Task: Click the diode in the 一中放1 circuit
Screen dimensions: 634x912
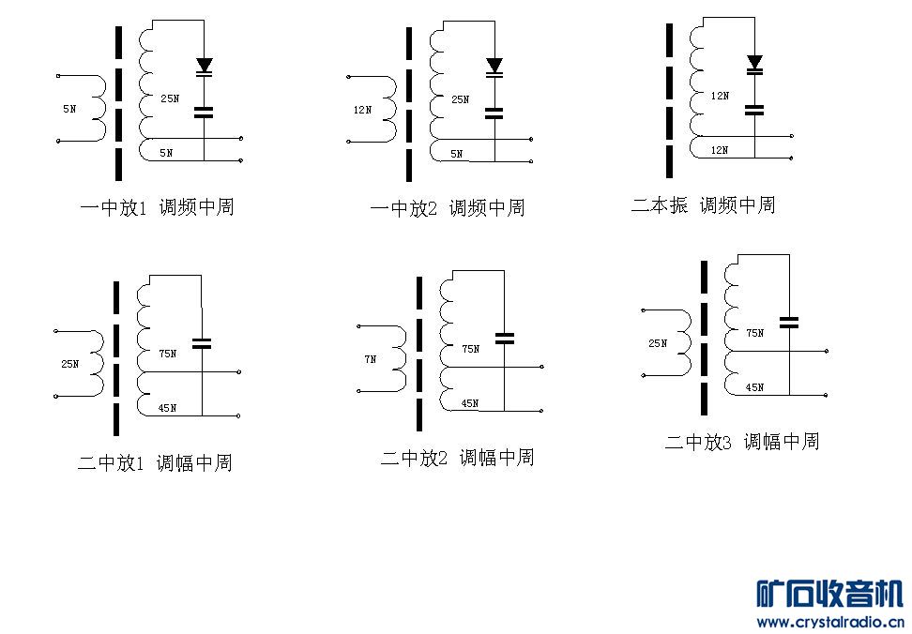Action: (x=204, y=66)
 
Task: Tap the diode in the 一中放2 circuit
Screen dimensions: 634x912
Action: (x=494, y=66)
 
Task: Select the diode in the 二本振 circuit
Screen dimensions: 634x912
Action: (x=754, y=63)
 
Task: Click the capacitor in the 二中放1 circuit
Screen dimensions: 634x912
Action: (x=202, y=342)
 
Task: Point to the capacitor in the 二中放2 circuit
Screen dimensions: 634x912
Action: (x=505, y=338)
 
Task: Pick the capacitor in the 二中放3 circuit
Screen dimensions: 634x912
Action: (x=789, y=322)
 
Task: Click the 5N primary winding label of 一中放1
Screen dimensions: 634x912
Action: (x=69, y=109)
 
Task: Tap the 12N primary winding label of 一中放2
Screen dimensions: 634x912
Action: (x=361, y=110)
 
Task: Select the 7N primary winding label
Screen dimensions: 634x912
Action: (x=370, y=358)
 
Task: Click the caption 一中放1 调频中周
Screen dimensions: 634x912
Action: (x=157, y=207)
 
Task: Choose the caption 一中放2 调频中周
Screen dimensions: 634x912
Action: (x=447, y=208)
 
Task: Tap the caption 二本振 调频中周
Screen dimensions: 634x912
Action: (x=703, y=204)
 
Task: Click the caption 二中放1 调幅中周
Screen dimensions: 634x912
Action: (x=155, y=462)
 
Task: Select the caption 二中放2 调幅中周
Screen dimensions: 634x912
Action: (x=457, y=458)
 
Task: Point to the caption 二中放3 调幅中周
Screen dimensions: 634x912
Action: (x=742, y=441)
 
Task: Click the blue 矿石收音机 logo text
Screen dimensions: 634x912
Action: (x=829, y=594)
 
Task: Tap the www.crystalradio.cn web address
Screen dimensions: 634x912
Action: (x=829, y=621)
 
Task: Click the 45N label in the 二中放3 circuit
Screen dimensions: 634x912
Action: (x=754, y=387)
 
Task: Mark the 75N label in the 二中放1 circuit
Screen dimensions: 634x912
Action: (x=167, y=355)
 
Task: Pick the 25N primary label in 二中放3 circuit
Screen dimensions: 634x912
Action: (x=657, y=343)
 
